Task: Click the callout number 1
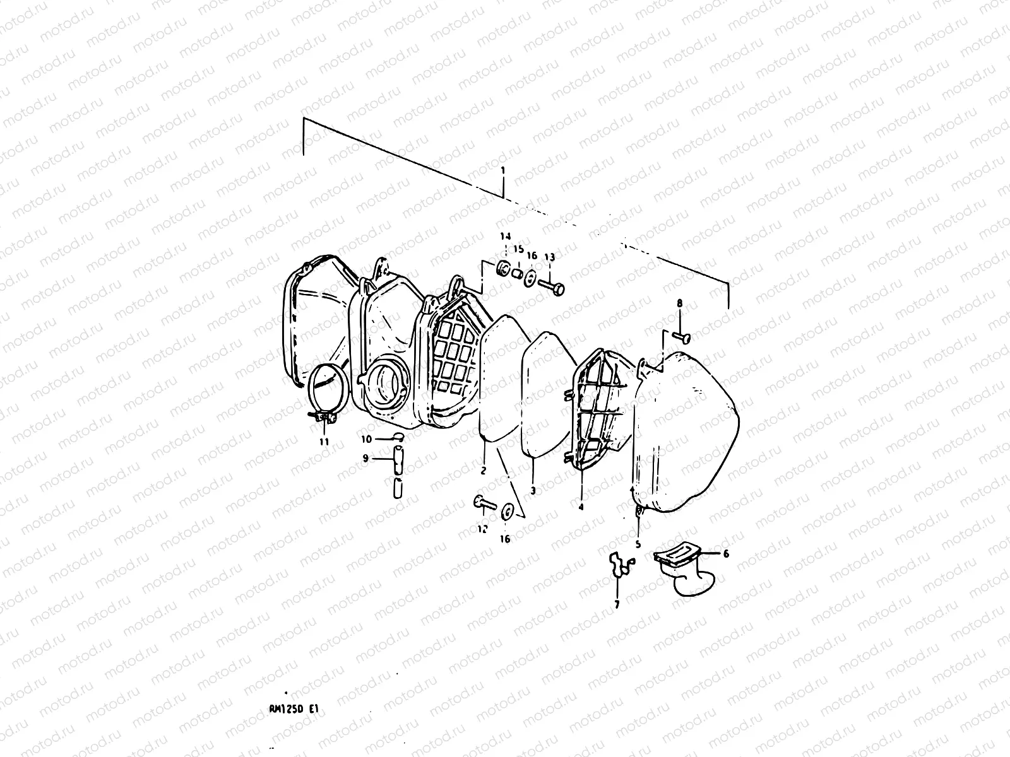[x=503, y=171]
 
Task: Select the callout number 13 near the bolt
[x=550, y=257]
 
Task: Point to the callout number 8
[x=680, y=303]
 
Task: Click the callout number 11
[x=324, y=442]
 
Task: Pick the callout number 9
[x=365, y=459]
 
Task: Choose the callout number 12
[x=482, y=529]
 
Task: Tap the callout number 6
[x=726, y=553]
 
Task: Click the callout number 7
[x=617, y=604]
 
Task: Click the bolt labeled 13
[x=550, y=285]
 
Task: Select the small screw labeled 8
[x=682, y=337]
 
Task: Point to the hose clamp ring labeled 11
[x=330, y=390]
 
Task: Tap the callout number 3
[x=533, y=490]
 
